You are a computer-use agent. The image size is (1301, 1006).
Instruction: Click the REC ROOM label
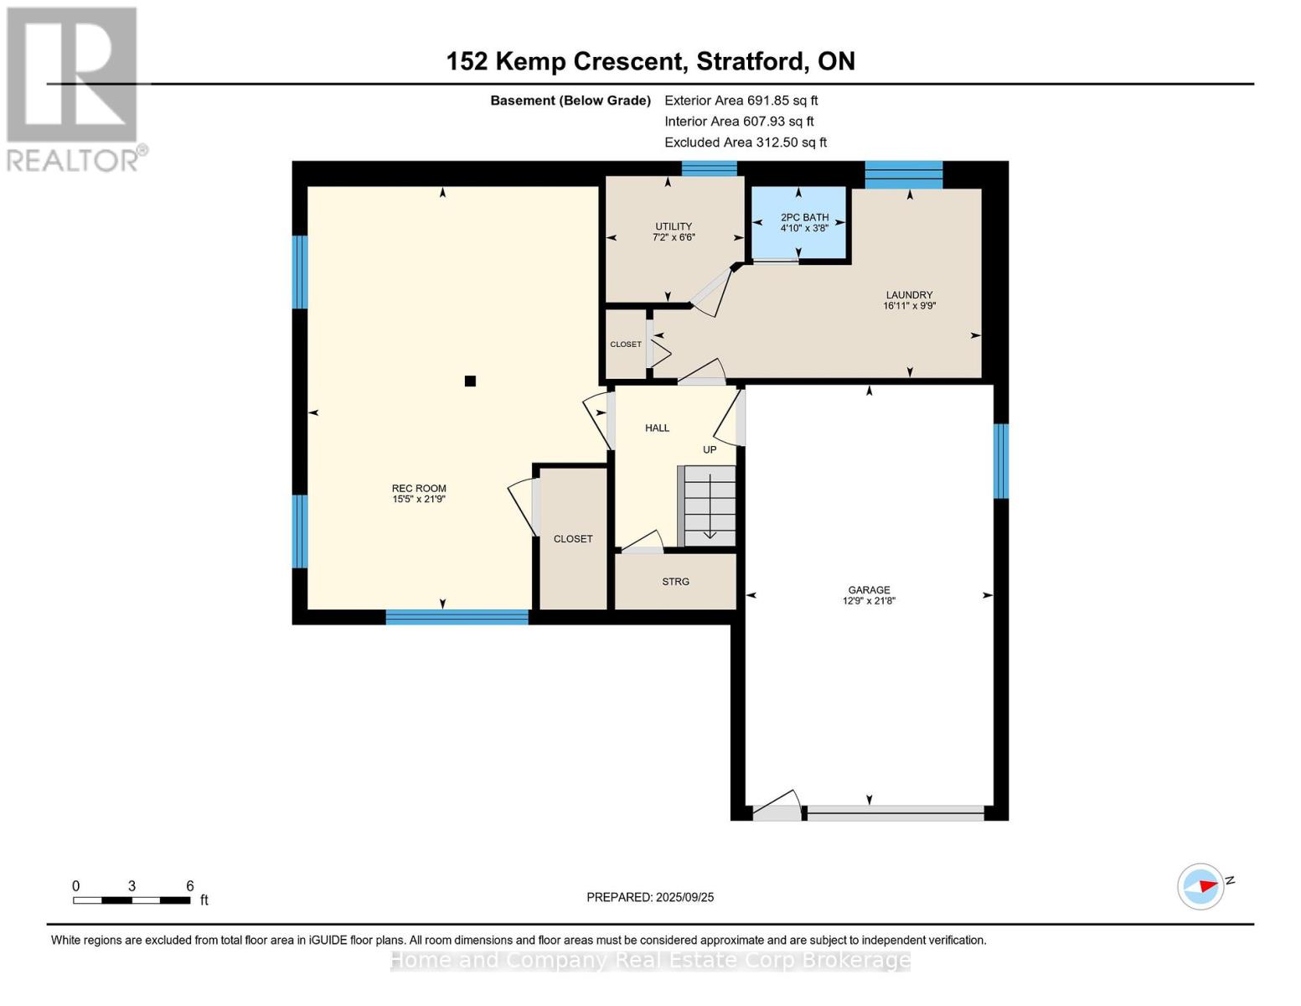[x=419, y=488]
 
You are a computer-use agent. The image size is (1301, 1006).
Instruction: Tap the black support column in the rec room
[x=470, y=381]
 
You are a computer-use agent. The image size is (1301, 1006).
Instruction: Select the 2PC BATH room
[x=798, y=222]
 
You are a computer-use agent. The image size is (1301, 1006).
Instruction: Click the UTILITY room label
[x=674, y=226]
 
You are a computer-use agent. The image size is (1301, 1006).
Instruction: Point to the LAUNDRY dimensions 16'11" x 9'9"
[x=910, y=306]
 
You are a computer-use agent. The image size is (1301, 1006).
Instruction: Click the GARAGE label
[x=869, y=590]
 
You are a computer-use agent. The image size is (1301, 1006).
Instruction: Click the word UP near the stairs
[x=710, y=449]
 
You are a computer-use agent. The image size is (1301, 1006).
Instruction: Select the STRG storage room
[x=675, y=581]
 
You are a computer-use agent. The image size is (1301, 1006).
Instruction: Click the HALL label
[x=657, y=428]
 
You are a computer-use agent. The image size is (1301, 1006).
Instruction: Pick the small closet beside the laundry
[x=626, y=344]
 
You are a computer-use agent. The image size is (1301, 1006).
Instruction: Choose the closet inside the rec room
[x=573, y=539]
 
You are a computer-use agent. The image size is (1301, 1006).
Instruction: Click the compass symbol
[x=1200, y=887]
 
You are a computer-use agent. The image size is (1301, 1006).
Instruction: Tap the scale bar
[x=132, y=900]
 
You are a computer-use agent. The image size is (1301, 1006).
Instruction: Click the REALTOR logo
[x=74, y=90]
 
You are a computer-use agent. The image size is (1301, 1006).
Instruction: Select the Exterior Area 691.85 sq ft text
[x=741, y=101]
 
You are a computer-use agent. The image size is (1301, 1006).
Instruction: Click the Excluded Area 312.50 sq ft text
[x=746, y=143]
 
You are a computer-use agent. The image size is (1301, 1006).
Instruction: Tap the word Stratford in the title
[x=751, y=62]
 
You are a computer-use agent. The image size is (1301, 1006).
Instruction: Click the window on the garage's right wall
[x=1001, y=461]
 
